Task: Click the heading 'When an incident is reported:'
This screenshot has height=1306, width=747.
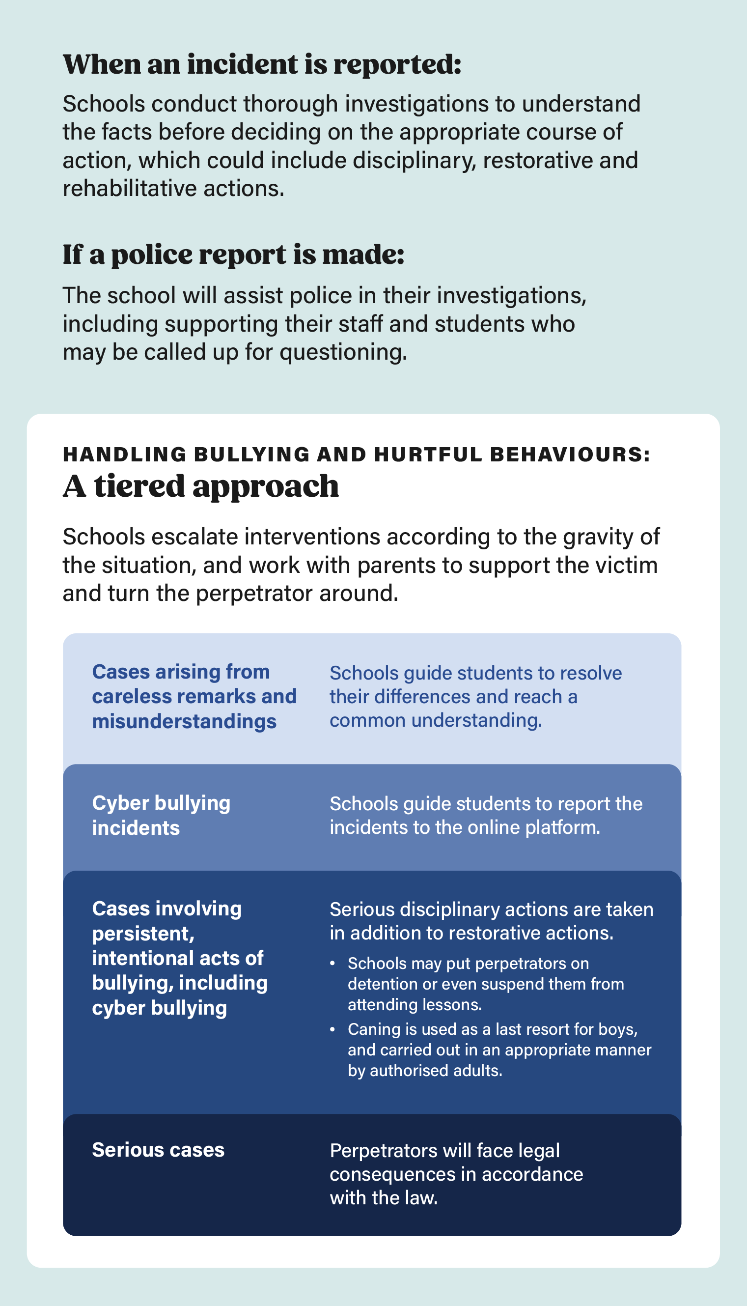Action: (262, 65)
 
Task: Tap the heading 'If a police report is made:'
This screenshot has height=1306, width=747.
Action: (233, 255)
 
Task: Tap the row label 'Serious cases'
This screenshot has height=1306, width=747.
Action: (158, 1150)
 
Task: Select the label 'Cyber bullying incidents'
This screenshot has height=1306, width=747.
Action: (161, 815)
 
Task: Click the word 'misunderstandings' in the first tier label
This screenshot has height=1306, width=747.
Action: (184, 721)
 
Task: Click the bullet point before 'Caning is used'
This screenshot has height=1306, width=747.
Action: (332, 1029)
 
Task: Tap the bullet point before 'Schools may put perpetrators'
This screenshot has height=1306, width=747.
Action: (332, 964)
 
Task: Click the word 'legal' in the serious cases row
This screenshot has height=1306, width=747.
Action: (538, 1151)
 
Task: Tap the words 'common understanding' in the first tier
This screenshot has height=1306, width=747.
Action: (435, 720)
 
